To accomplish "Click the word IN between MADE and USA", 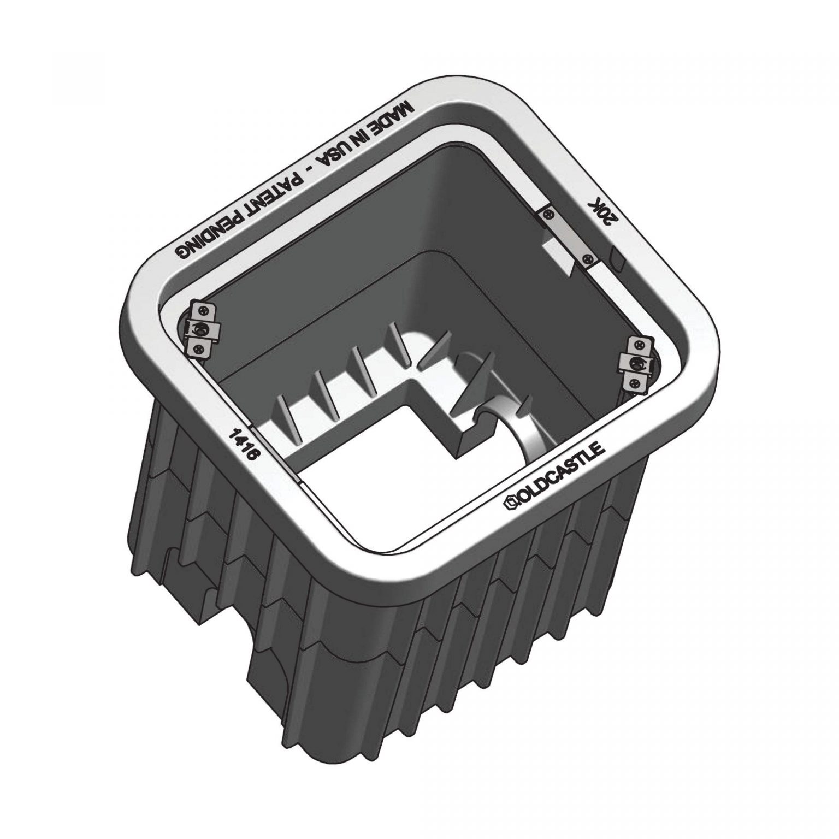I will pos(363,141).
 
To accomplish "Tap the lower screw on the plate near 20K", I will pos(588,258).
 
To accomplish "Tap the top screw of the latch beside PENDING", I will pos(203,311).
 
